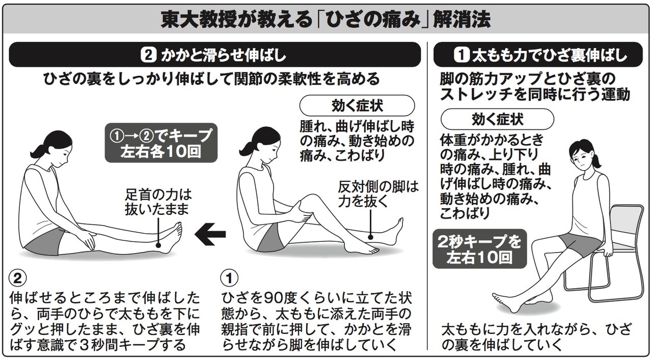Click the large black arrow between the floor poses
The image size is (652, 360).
tap(210, 234)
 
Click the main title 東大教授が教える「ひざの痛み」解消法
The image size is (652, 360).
tap(325, 19)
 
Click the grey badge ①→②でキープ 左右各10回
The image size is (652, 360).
tap(161, 143)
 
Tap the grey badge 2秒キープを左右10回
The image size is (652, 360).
tap(480, 249)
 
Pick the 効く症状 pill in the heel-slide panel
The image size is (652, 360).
tap(357, 105)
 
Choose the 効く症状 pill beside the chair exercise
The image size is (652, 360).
tap(498, 119)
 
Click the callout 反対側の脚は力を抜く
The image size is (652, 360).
tap(378, 194)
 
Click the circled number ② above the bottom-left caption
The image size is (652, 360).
tap(18, 278)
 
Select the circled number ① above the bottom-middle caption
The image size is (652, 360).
tap(230, 278)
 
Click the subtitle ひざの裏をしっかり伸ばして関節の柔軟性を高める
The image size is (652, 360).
tap(211, 79)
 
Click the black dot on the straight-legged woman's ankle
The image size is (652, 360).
tap(158, 245)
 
